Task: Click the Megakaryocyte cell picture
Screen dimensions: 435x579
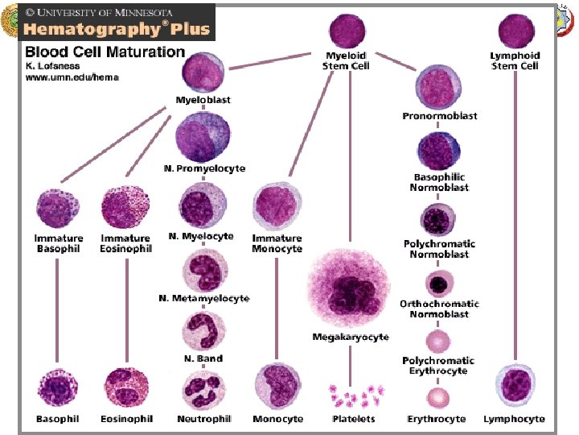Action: (350, 288)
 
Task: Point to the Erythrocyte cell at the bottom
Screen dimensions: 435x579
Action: (437, 397)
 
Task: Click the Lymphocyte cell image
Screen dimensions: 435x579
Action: (515, 385)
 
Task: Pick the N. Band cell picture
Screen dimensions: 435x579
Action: (203, 332)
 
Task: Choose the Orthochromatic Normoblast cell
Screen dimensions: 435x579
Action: (438, 284)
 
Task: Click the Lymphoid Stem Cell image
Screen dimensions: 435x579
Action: (515, 31)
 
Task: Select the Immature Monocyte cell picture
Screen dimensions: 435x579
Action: (277, 207)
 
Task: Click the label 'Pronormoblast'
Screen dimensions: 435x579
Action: (439, 116)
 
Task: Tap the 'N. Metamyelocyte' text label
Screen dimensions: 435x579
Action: (204, 299)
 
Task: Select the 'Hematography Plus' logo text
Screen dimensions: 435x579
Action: (117, 29)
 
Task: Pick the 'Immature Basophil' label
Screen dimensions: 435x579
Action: (59, 243)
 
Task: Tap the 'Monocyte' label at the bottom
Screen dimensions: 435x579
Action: (277, 419)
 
